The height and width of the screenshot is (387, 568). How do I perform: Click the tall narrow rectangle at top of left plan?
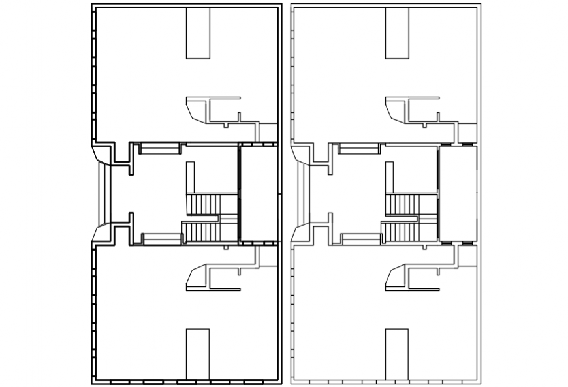(x=198, y=33)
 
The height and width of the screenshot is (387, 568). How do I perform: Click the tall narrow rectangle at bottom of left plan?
(x=198, y=353)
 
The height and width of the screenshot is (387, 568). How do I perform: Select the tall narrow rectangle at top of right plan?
(x=397, y=33)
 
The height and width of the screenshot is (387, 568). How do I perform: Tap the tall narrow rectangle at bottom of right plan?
(x=397, y=353)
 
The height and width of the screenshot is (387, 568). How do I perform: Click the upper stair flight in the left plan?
(x=204, y=204)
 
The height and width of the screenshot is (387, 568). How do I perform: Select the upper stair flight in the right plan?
(x=403, y=204)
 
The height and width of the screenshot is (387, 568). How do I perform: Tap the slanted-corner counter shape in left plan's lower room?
(x=197, y=277)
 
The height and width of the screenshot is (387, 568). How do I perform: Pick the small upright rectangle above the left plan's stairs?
(x=190, y=176)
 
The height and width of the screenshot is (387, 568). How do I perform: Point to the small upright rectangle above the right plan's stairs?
(x=389, y=176)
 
